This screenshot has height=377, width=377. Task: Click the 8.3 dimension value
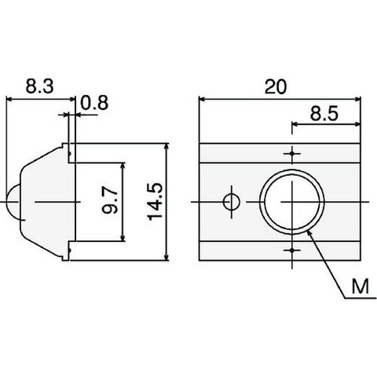[x=39, y=86]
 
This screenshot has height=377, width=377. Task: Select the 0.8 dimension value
[x=94, y=103]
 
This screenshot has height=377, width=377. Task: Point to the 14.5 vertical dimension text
[x=156, y=202]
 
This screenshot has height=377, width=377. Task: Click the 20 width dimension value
[x=276, y=87]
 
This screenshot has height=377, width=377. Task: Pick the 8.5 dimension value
[x=324, y=114]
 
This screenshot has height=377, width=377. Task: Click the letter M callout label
[x=361, y=287]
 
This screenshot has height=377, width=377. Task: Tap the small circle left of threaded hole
[x=232, y=202]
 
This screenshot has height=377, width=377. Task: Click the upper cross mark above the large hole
[x=292, y=153]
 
